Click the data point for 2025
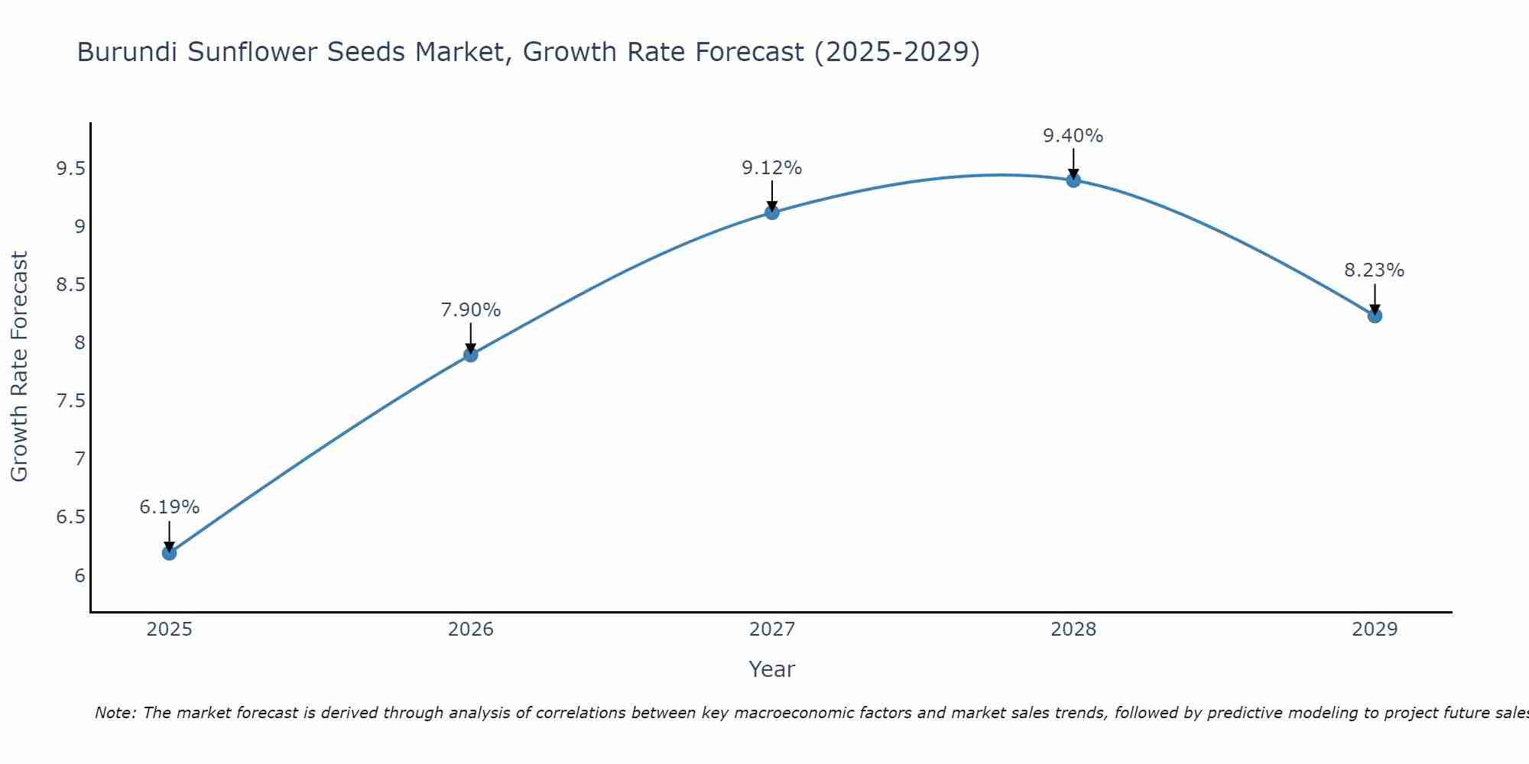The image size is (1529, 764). [169, 552]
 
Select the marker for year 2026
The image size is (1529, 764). [470, 354]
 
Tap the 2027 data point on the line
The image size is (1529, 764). [772, 212]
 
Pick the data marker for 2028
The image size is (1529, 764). [1073, 180]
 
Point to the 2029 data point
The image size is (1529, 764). [1375, 316]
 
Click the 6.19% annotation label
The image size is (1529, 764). [169, 507]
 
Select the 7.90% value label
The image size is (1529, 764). [470, 310]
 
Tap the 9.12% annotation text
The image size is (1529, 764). [772, 168]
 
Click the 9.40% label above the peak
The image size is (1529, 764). [1073, 136]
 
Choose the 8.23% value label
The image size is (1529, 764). [1375, 270]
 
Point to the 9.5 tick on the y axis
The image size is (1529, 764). [70, 169]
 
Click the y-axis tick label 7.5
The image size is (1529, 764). [70, 401]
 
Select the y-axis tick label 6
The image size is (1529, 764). [80, 575]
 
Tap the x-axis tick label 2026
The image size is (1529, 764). [470, 630]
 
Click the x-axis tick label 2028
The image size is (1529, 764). [1073, 630]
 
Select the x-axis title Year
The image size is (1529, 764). [772, 669]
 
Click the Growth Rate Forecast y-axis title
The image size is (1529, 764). [20, 367]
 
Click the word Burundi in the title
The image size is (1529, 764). [128, 53]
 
